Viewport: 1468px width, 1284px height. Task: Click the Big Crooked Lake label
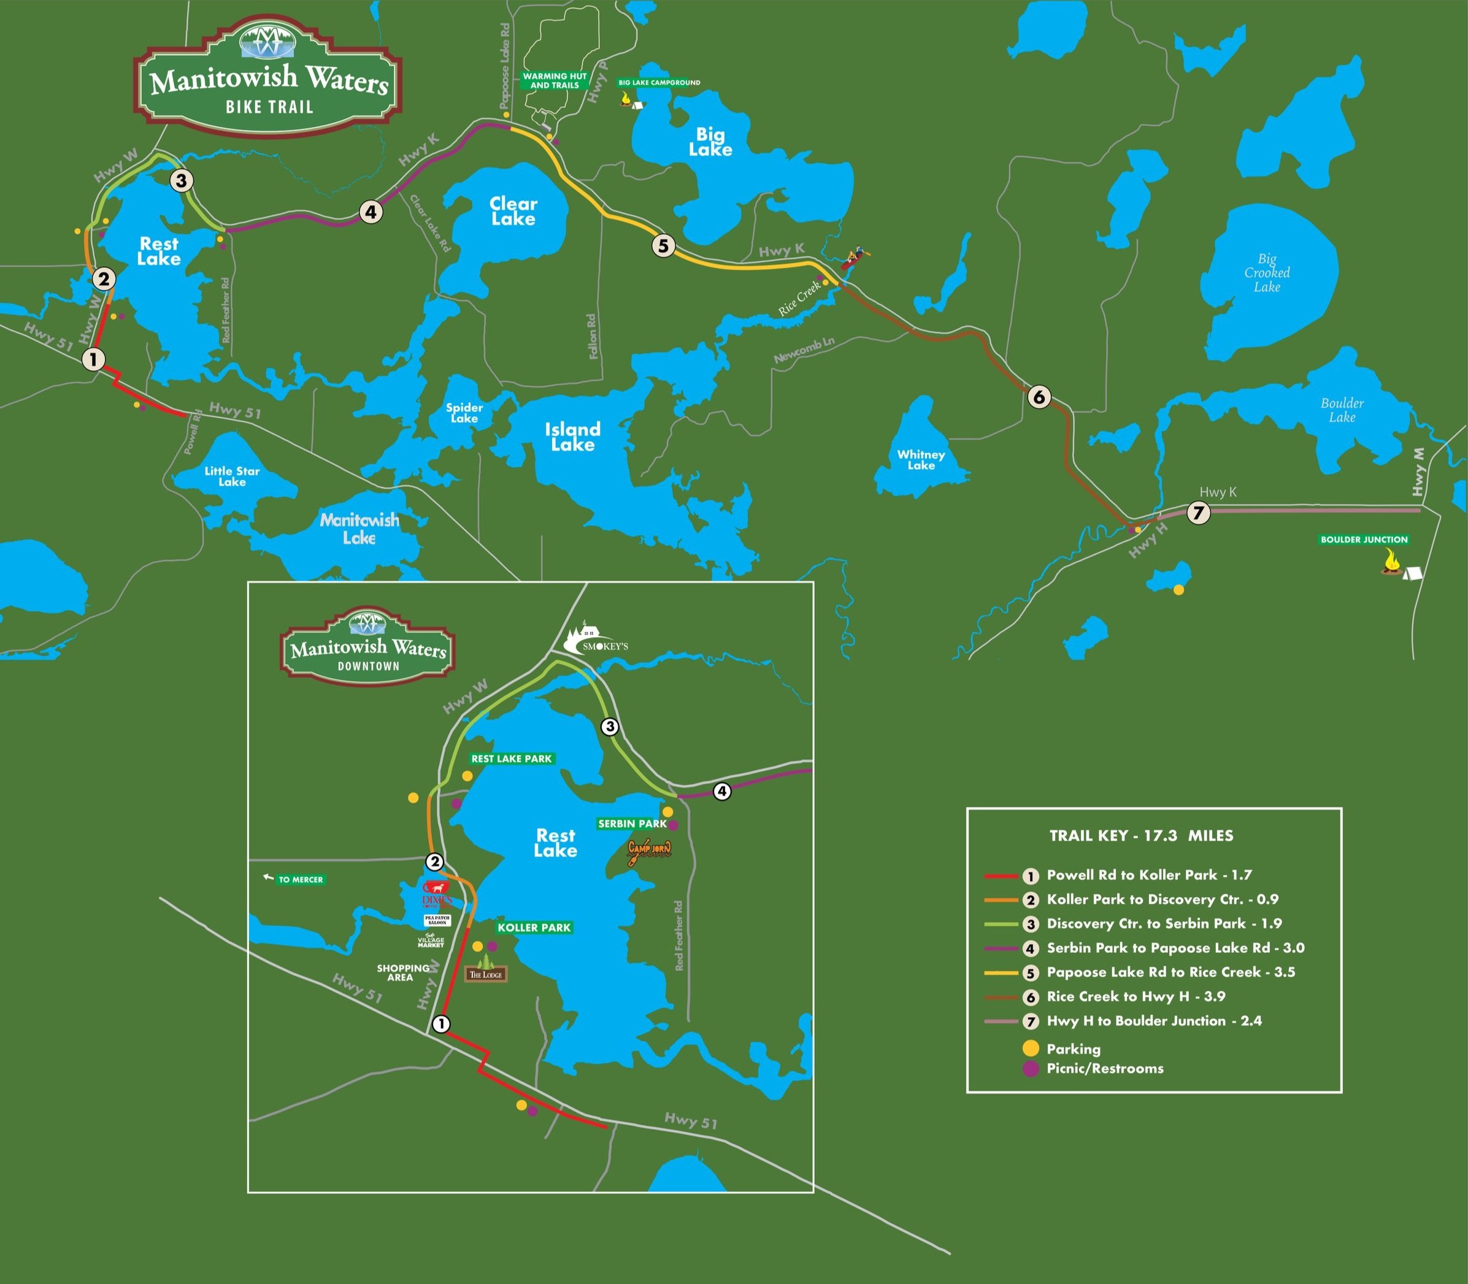point(1267,272)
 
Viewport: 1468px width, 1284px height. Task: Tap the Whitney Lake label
point(921,459)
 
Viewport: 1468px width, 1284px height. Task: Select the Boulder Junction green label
point(1364,540)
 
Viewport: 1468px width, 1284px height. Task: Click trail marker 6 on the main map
point(1039,396)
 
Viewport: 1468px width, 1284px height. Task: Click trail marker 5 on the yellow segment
point(663,246)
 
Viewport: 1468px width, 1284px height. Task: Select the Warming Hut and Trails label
point(555,80)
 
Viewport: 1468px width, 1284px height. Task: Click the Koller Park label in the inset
point(534,927)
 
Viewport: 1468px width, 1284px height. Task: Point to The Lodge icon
point(486,968)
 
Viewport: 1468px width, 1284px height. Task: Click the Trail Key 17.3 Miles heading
point(1141,836)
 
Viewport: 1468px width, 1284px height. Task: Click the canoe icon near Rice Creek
point(853,258)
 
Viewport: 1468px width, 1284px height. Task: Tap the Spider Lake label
point(464,413)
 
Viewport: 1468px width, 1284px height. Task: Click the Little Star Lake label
point(231,476)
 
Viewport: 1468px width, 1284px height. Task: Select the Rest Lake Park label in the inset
point(511,759)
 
